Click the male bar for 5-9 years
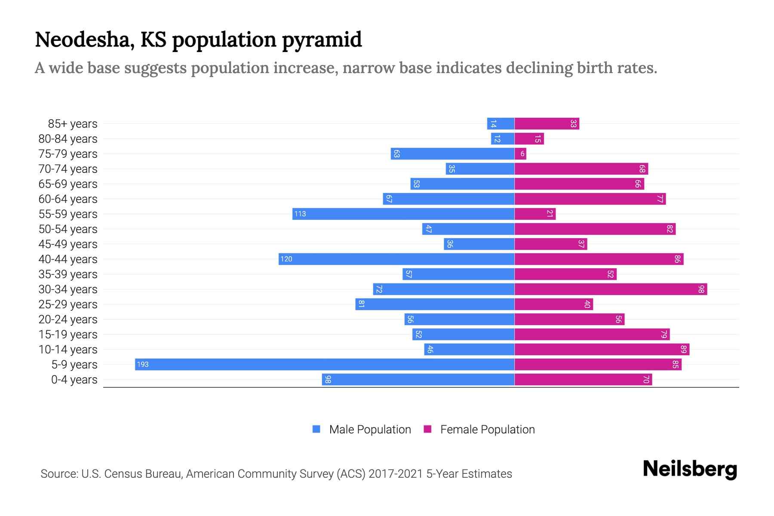tap(325, 364)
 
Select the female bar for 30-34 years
tap(611, 289)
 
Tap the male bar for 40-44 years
tap(396, 259)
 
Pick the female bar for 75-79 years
tap(520, 154)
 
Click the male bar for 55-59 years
tap(403, 214)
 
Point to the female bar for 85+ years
tap(547, 123)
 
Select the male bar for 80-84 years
tap(503, 138)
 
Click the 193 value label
tap(142, 364)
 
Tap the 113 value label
tap(300, 214)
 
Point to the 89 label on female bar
tap(684, 349)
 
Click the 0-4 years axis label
tap(74, 379)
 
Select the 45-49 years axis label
tap(68, 244)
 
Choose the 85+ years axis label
tap(73, 123)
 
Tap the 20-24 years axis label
tap(68, 319)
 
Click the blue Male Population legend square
tap(316, 429)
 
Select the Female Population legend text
tap(487, 429)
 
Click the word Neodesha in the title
tap(84, 40)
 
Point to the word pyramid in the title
tap(322, 40)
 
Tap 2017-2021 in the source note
tap(396, 473)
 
